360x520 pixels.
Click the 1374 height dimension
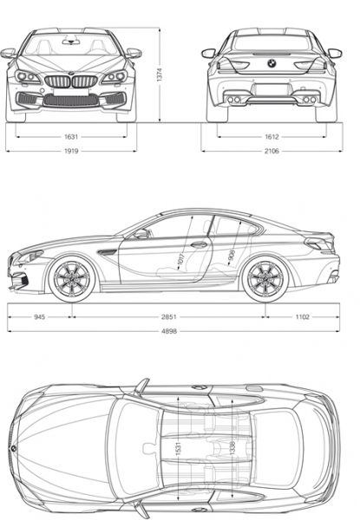tap(160, 75)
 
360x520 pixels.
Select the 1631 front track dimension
tap(71, 137)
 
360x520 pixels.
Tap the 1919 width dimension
tap(71, 151)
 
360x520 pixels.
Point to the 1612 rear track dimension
tap(272, 137)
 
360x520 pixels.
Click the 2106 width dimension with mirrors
tap(272, 151)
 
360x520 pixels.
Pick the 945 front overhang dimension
tap(39, 317)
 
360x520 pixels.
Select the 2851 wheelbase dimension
tap(169, 317)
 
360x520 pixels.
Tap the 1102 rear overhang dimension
tap(302, 317)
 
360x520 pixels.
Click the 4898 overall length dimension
tap(169, 331)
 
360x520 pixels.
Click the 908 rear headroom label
tap(232, 255)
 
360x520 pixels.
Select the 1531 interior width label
tap(178, 448)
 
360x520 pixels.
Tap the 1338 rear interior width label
tap(232, 448)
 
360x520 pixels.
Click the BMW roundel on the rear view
tap(272, 63)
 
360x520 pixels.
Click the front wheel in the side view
tap(72, 278)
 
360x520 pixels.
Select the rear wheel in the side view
tap(265, 278)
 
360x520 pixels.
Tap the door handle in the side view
tap(199, 245)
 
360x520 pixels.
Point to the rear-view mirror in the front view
tap(71, 42)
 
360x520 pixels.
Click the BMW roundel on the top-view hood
tap(14, 448)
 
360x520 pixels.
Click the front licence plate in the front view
tap(71, 92)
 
